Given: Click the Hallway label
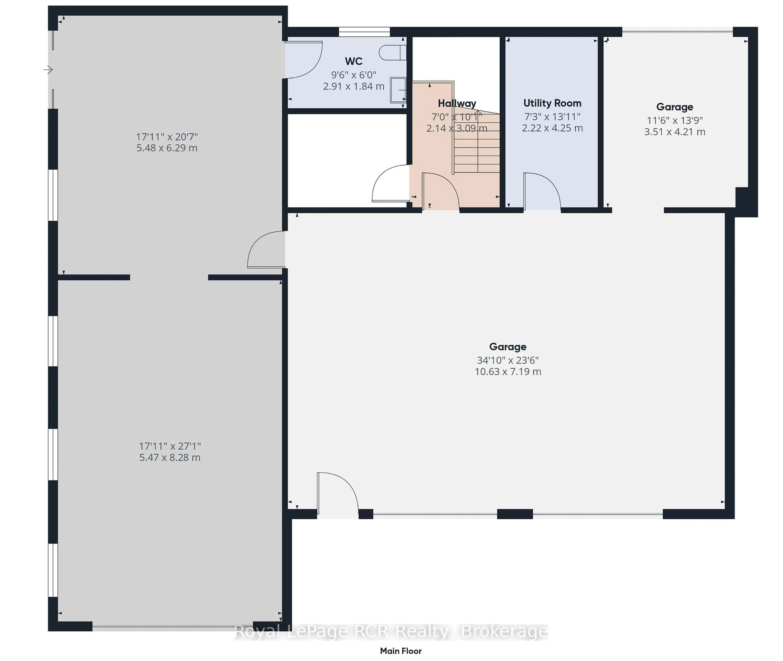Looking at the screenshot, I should pos(457,103).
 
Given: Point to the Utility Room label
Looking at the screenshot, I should pos(552,103).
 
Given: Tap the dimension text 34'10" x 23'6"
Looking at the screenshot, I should pos(507,360).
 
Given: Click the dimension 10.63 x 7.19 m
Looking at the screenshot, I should pos(507,372).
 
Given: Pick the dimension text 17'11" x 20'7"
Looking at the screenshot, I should pos(167,136).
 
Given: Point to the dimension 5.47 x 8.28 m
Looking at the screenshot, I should pos(170,458).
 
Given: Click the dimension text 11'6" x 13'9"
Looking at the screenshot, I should pos(674,120).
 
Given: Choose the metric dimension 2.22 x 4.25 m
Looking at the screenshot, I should pos(552,128).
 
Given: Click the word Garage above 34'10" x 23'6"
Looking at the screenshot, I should pos(507,347).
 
